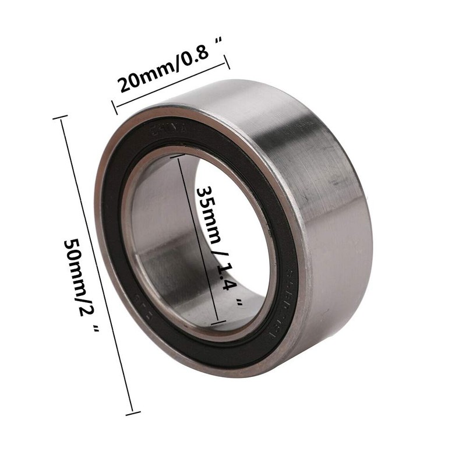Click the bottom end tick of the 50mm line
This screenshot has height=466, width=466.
(x=133, y=413)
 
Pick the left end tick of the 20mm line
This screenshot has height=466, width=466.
(x=114, y=107)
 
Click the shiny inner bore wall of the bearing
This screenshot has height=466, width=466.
(x=157, y=233)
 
